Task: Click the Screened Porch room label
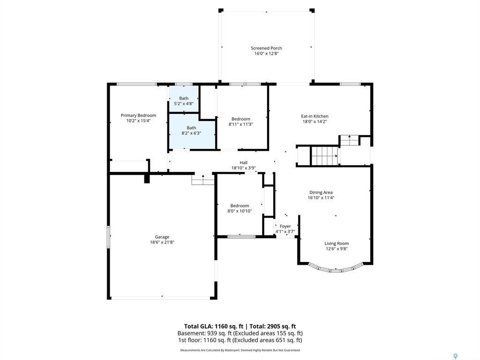[266, 48]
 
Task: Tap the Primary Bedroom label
[138, 115]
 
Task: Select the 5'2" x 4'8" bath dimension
[184, 104]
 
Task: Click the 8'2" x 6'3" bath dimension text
[191, 133]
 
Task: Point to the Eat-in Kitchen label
[315, 116]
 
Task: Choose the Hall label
[244, 163]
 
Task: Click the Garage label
[162, 237]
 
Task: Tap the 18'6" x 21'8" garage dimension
[162, 242]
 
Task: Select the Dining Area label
[321, 193]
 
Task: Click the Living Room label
[337, 243]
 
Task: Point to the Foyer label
[285, 226]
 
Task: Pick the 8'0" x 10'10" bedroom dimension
[240, 211]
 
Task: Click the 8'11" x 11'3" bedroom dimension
[240, 124]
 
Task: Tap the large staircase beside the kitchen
[324, 156]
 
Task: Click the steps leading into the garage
[203, 180]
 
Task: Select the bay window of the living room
[336, 269]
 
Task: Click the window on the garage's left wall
[108, 237]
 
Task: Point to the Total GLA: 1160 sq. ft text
[214, 326]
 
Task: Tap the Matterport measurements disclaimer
[240, 350]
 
